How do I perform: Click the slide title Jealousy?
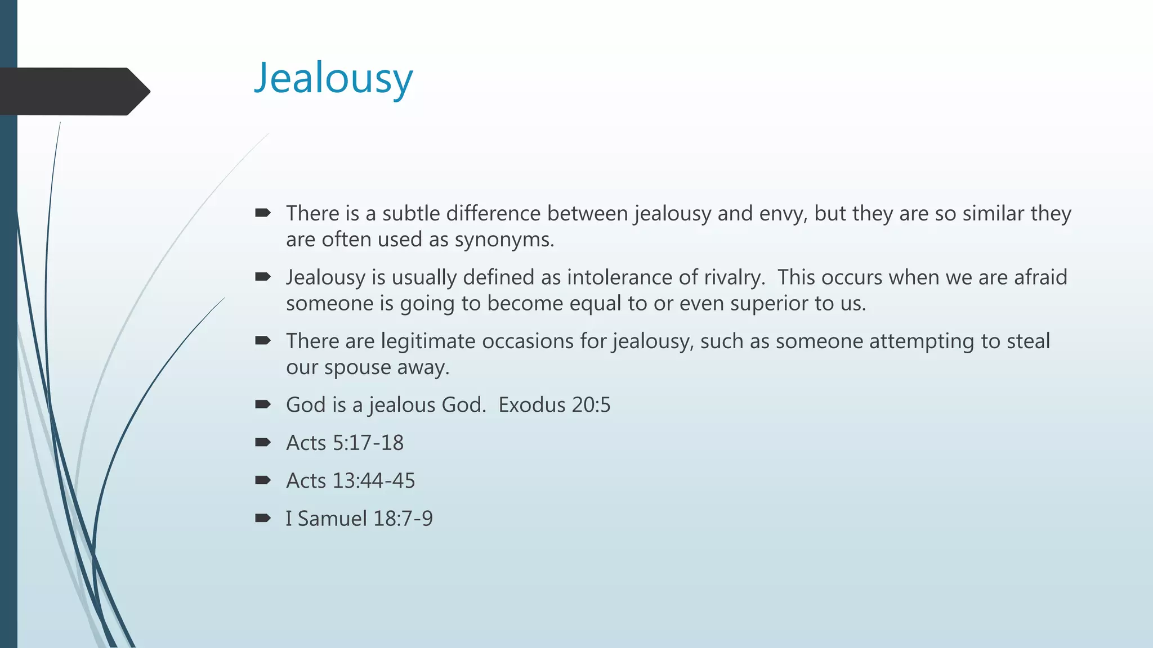[333, 79]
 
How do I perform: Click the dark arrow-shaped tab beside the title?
[73, 91]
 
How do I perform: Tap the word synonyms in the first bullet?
[504, 240]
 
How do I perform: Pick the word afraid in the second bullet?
[1040, 277]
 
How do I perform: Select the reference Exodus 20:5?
[554, 405]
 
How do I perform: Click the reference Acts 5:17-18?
[345, 443]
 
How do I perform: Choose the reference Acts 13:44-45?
[350, 481]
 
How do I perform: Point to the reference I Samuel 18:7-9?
[359, 519]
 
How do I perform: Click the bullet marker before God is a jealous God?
[262, 404]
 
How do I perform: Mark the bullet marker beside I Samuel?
[262, 518]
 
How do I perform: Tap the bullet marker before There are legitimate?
[262, 340]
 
